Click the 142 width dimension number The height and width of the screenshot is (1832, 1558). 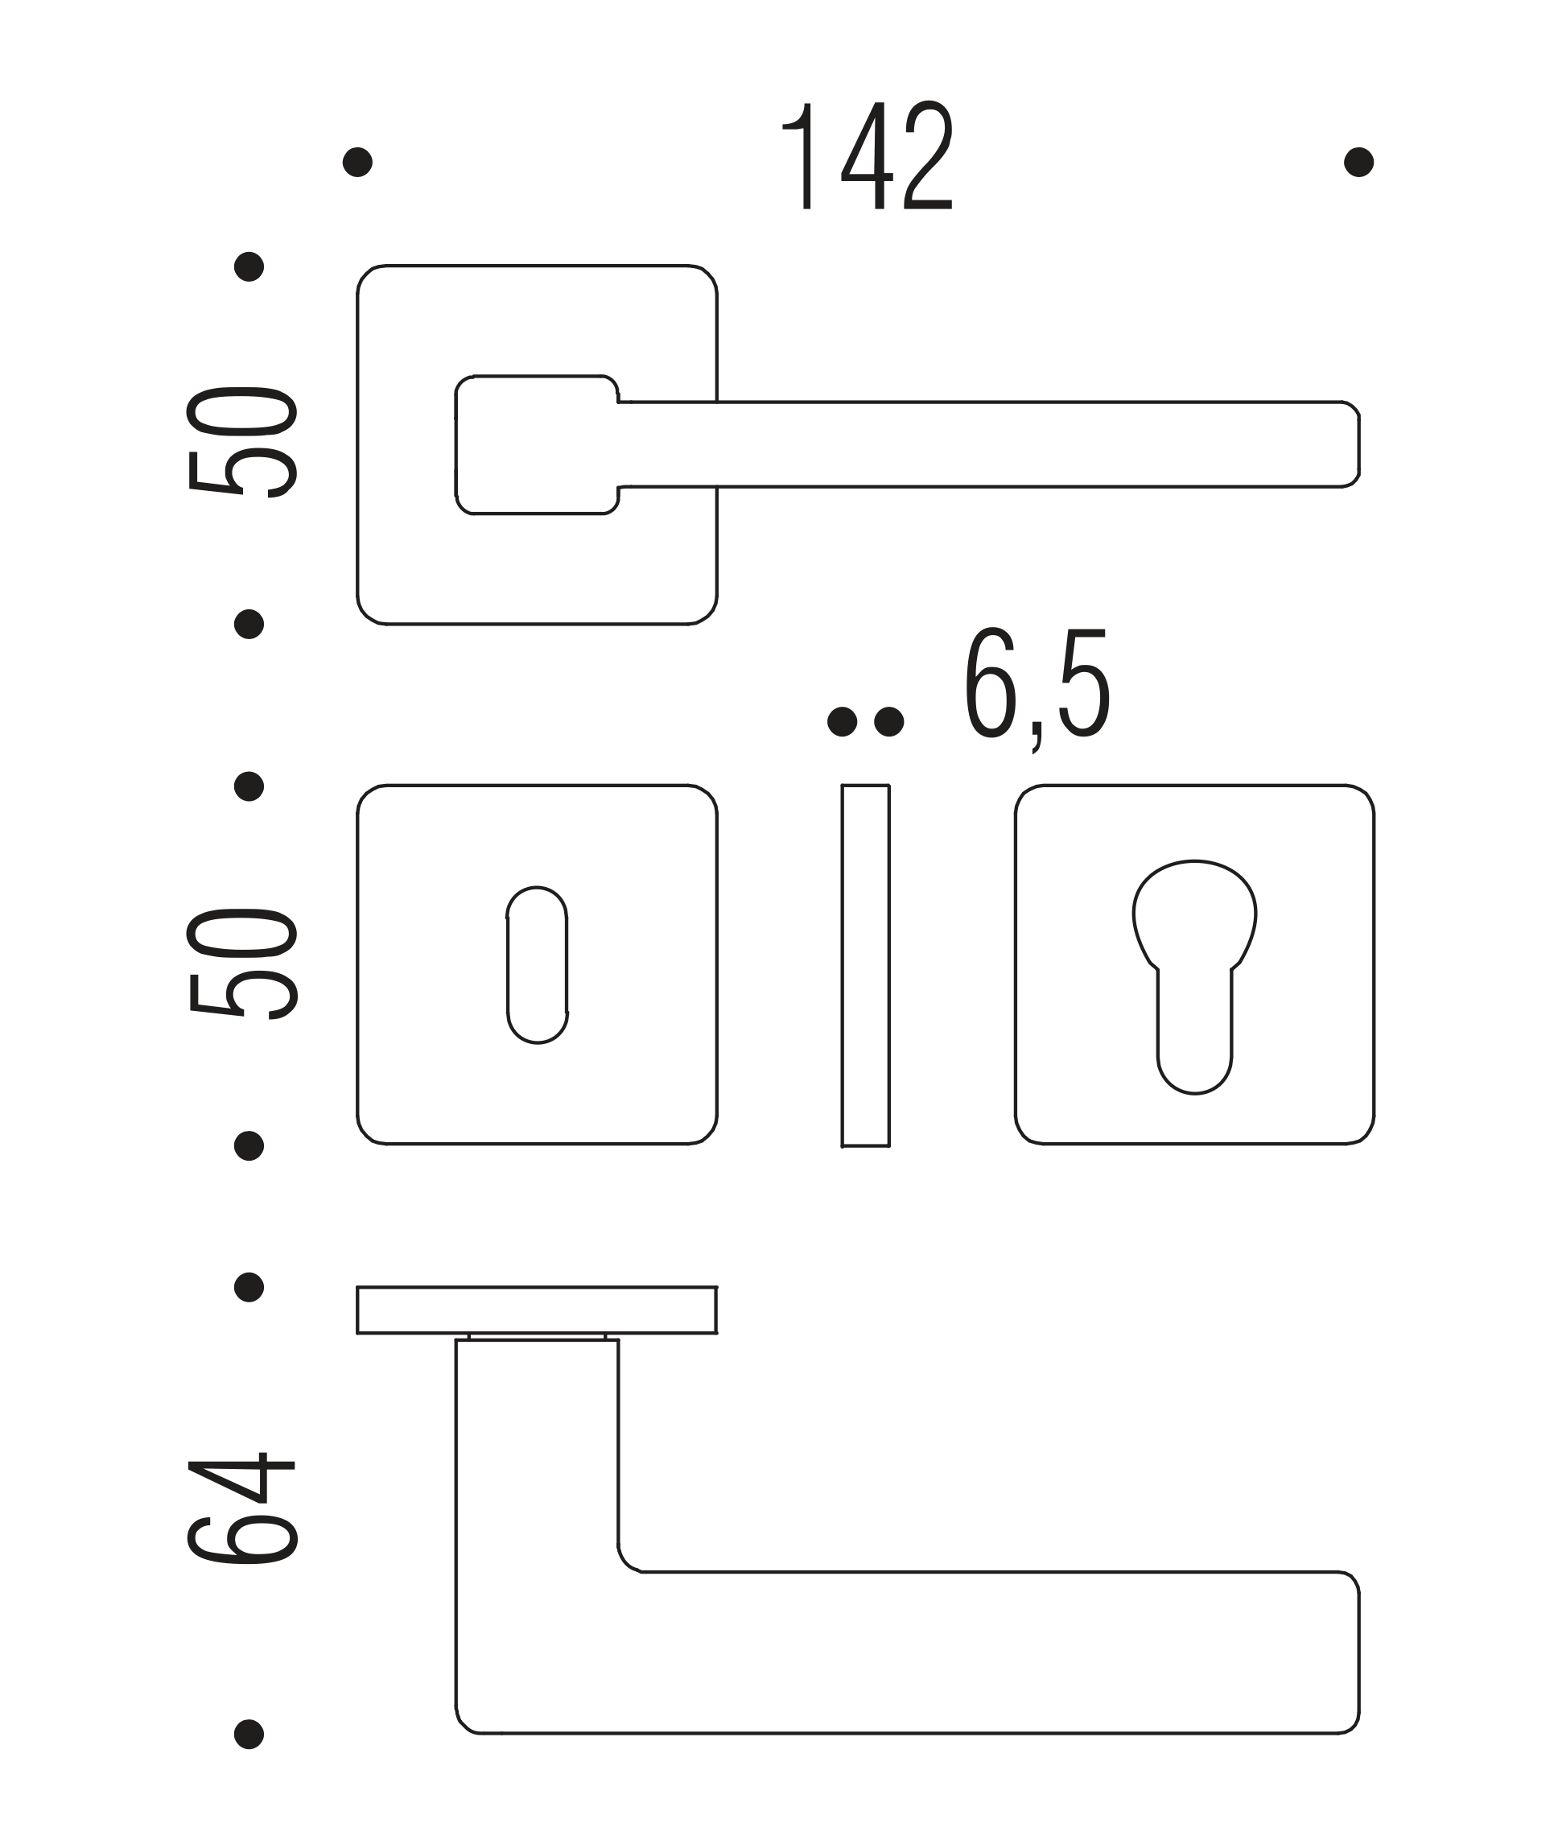868,156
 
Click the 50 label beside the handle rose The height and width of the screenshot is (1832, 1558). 241,443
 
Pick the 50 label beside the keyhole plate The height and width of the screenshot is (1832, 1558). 241,963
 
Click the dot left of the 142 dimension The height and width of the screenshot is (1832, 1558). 357,163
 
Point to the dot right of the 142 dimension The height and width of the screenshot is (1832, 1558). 1358,163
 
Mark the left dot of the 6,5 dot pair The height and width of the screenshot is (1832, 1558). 843,722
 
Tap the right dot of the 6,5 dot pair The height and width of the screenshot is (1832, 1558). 889,722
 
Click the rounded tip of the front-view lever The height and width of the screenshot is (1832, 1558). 1358,444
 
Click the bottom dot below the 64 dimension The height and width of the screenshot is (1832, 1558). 249,1734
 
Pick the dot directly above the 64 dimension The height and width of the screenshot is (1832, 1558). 249,1287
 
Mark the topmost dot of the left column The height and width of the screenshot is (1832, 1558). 249,266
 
